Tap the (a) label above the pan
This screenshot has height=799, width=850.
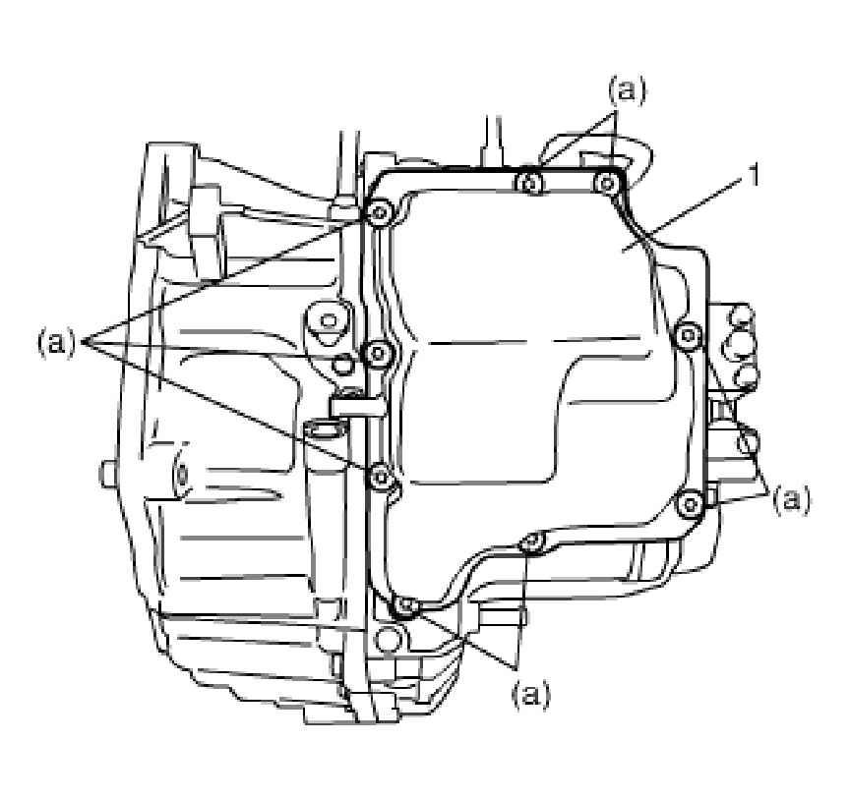(x=628, y=91)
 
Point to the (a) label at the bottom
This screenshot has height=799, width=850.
(x=531, y=694)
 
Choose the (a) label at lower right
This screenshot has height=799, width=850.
(x=791, y=499)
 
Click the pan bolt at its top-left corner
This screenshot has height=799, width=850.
(x=379, y=212)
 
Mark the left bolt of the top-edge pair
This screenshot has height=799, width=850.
(x=531, y=182)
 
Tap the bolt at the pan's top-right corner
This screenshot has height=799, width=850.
(x=607, y=182)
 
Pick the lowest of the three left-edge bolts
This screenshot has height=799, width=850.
(x=380, y=476)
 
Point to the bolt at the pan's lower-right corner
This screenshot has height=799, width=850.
(x=692, y=504)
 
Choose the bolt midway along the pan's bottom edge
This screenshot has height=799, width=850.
(x=531, y=542)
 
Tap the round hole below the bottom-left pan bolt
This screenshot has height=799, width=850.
(x=389, y=640)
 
